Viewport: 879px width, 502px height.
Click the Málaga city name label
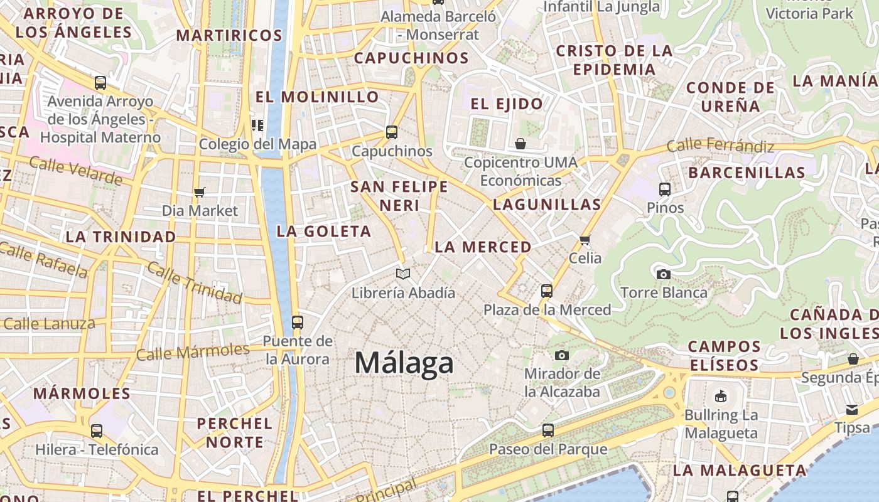(404, 363)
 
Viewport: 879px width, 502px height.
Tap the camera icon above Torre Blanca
(663, 274)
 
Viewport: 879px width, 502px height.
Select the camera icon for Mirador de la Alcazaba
(562, 355)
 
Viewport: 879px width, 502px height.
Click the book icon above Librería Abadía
(403, 274)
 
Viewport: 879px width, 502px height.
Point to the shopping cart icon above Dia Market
(200, 192)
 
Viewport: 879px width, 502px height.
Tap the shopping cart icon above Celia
(585, 239)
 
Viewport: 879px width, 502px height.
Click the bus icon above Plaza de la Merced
(547, 291)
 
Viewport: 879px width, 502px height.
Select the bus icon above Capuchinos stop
(392, 132)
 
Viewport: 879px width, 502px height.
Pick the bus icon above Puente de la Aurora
(298, 323)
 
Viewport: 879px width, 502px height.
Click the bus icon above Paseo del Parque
(548, 430)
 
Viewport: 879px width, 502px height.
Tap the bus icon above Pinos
(665, 189)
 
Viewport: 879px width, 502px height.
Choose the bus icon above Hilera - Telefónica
(97, 431)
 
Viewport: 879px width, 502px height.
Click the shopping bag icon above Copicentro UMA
(520, 144)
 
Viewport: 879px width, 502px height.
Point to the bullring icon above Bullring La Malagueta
(720, 396)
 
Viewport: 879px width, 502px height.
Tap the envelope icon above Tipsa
(852, 409)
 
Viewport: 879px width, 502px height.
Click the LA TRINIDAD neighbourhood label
(121, 237)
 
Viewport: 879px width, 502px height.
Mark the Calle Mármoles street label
(193, 352)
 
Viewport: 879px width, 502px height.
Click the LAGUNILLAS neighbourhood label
(547, 204)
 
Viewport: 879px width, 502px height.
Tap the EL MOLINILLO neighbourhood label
(318, 97)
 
